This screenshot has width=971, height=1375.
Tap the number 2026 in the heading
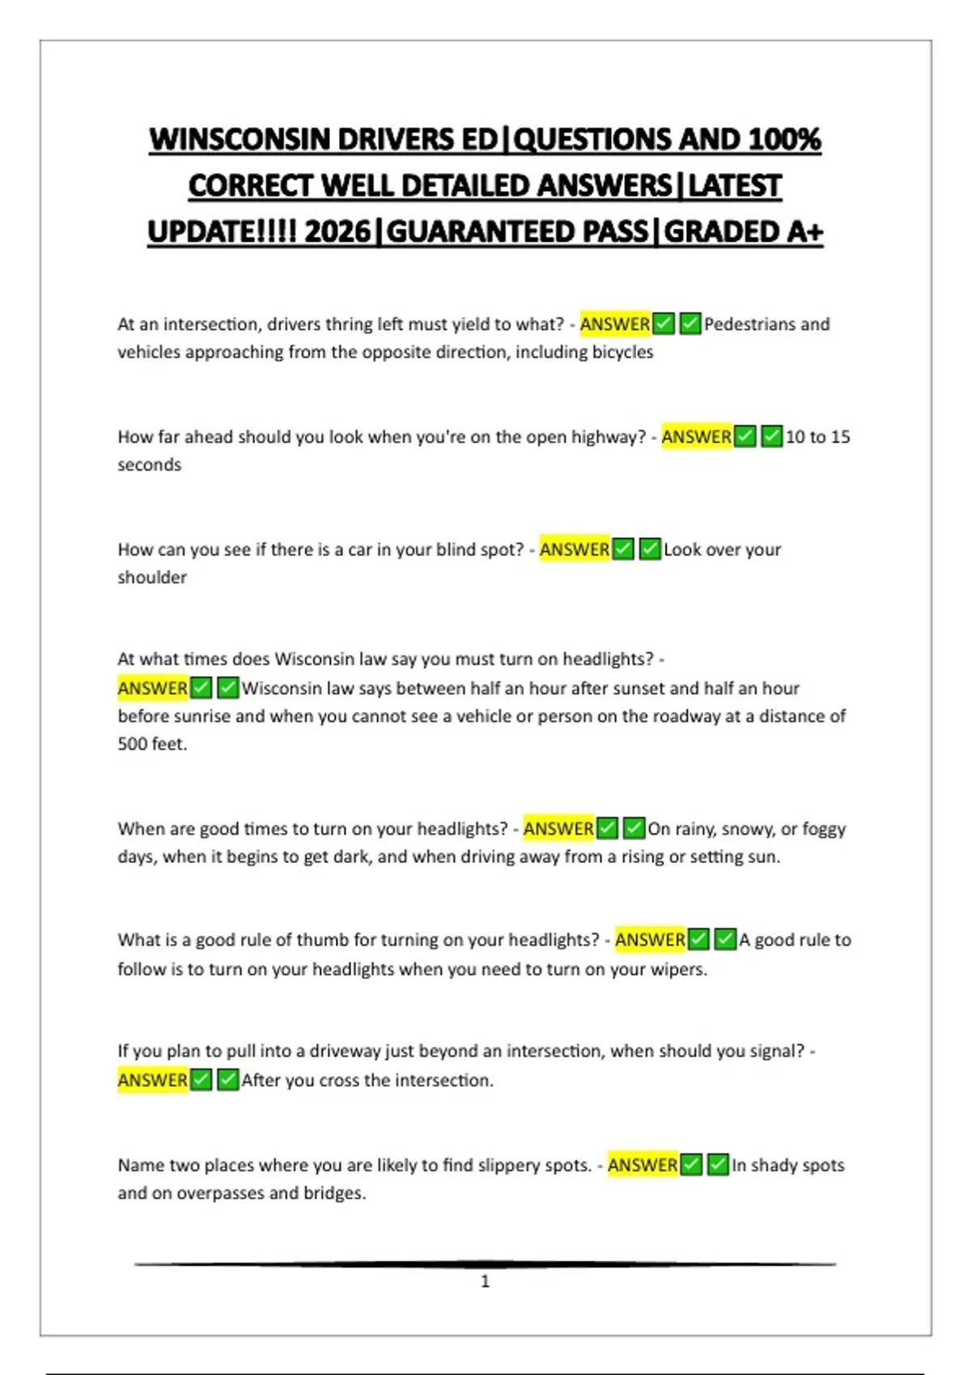(337, 232)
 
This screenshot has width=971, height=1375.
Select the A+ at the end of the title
(804, 232)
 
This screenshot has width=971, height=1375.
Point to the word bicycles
(620, 352)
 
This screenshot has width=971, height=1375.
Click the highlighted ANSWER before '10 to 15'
(696, 437)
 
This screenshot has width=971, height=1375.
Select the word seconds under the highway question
(149, 465)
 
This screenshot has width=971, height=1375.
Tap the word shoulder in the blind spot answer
(152, 577)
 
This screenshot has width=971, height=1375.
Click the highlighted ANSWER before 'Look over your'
(575, 550)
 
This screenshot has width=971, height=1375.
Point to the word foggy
(824, 829)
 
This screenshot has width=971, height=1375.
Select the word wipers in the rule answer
(679, 969)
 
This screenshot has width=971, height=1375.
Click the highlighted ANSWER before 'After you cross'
(152, 1081)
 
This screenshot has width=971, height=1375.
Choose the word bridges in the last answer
(333, 1193)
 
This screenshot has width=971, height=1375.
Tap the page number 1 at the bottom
(485, 1281)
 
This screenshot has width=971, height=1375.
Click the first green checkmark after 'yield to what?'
(664, 324)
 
